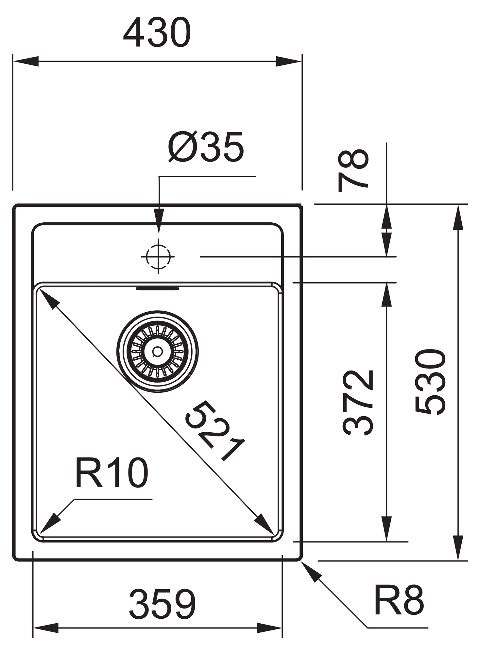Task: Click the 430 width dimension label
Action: tap(157, 33)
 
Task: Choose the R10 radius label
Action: tap(112, 473)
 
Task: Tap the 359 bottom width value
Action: tap(163, 605)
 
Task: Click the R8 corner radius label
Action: tap(399, 600)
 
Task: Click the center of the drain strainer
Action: tap(158, 352)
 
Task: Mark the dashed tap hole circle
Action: tap(159, 257)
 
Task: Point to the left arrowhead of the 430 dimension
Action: tap(26, 61)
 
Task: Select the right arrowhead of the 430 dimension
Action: tap(288, 61)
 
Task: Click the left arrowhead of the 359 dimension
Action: tap(46, 628)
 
